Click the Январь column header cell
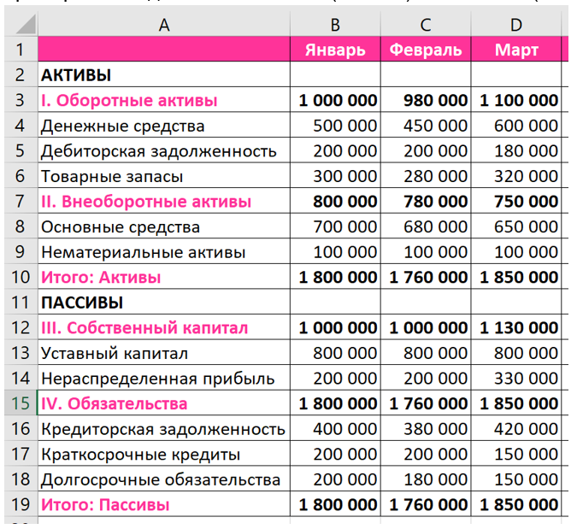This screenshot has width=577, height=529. [x=335, y=50]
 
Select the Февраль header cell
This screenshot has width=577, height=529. [x=425, y=50]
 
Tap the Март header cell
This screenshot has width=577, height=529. [x=516, y=50]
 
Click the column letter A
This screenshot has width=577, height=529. [x=164, y=25]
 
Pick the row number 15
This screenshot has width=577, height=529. [x=19, y=403]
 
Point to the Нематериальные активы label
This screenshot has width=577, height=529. [x=143, y=252]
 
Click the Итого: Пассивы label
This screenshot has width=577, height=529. [x=104, y=504]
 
